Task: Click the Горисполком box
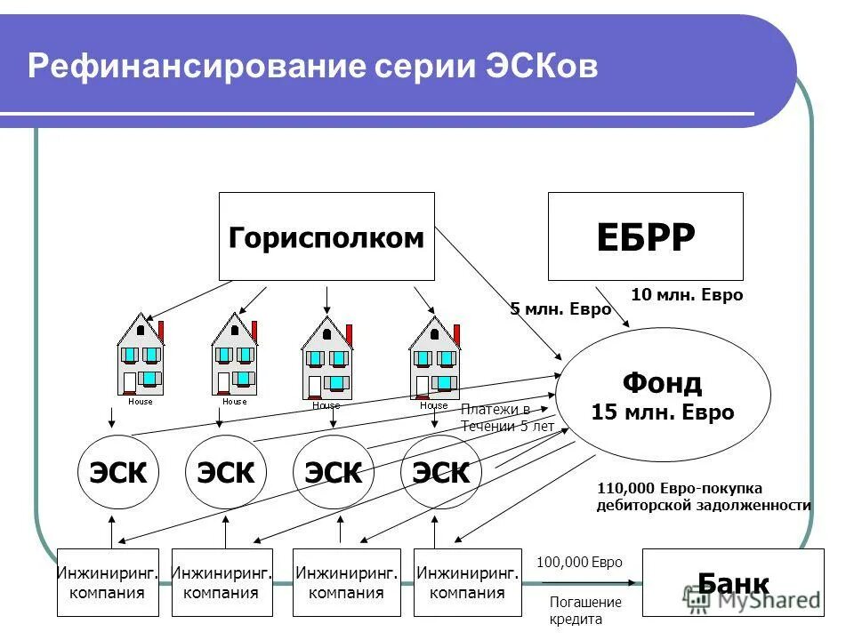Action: (x=326, y=236)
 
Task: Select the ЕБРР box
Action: (x=645, y=236)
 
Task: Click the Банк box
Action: (x=733, y=583)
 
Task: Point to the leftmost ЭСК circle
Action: (x=117, y=472)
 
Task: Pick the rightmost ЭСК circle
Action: (x=440, y=472)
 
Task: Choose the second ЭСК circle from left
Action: (x=225, y=472)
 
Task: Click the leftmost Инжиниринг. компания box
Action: (x=108, y=583)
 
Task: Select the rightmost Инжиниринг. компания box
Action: (x=467, y=583)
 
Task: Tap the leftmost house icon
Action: (x=141, y=356)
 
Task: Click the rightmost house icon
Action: (x=434, y=358)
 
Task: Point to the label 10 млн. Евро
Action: (x=686, y=295)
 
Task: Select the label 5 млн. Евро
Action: (x=560, y=309)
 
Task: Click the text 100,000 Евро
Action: (x=579, y=563)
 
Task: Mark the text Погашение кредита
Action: (x=584, y=611)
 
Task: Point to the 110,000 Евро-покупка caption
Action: (x=679, y=488)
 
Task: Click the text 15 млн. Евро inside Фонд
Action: (x=662, y=413)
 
